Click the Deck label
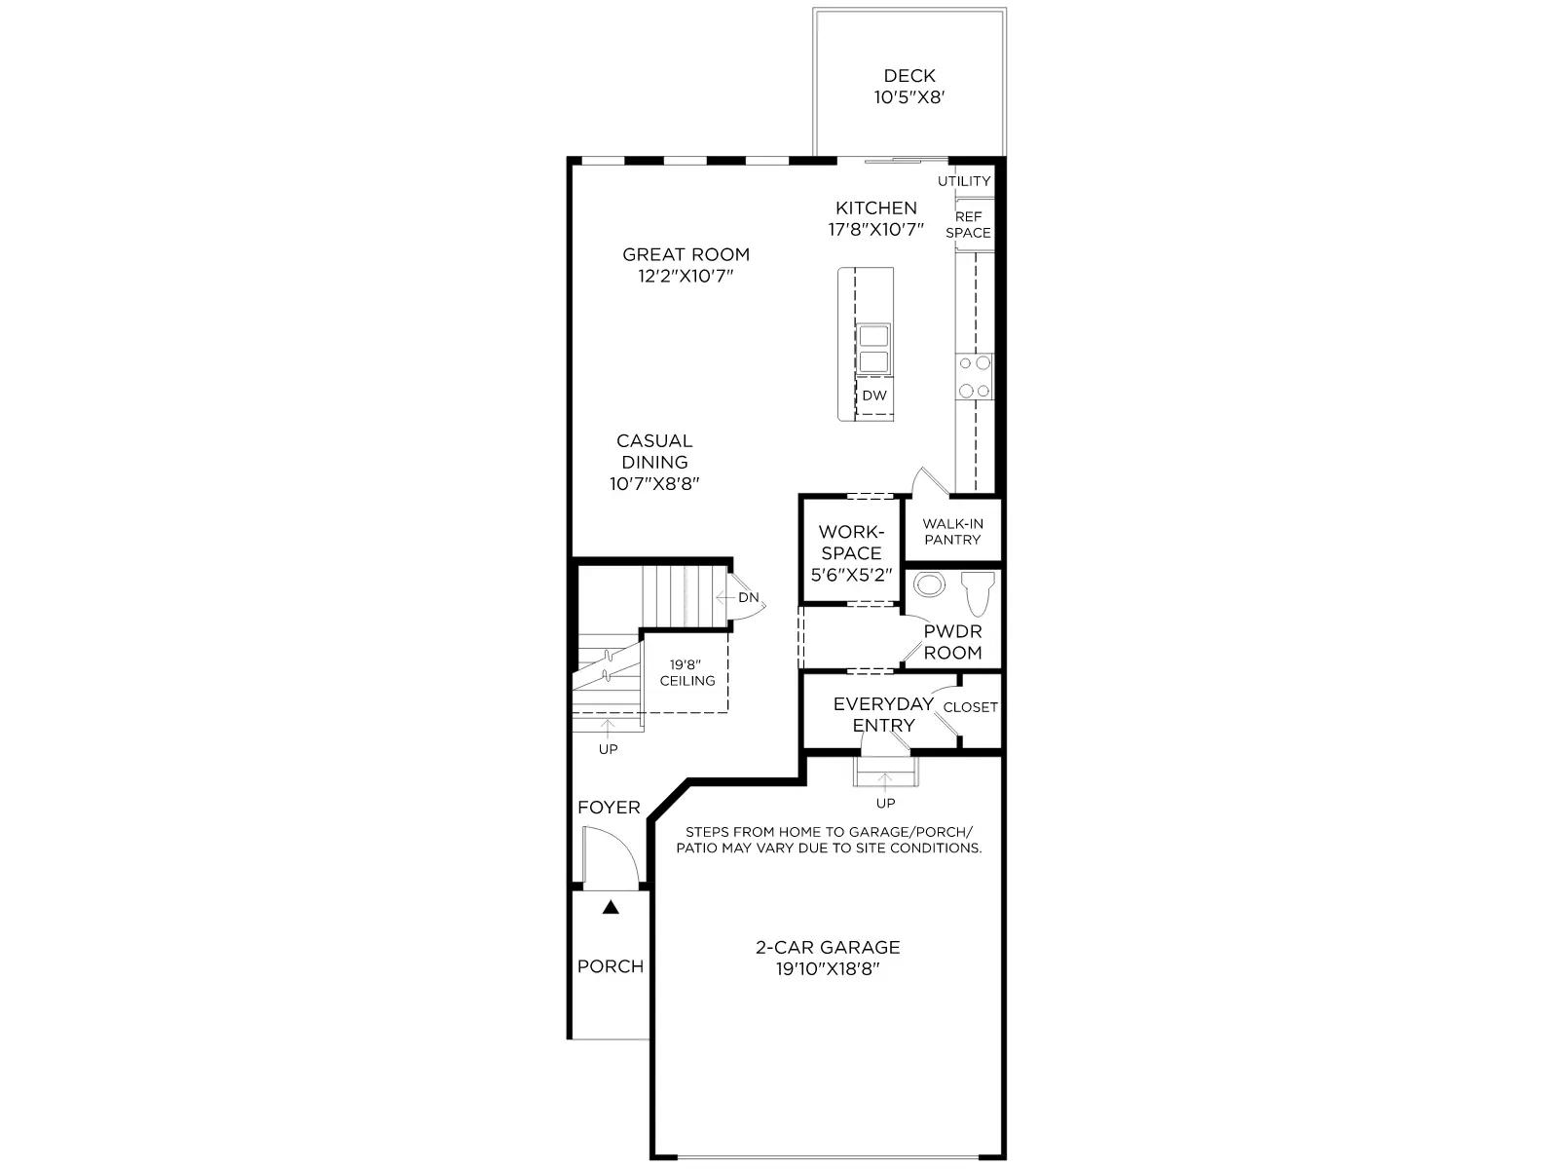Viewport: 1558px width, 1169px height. click(909, 75)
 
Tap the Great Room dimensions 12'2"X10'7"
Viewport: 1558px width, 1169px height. click(686, 276)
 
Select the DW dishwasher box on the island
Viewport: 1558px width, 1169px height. click(874, 396)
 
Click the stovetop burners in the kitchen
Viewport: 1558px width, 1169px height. click(975, 377)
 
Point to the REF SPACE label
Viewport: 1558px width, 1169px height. click(968, 225)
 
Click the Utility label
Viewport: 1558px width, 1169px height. click(964, 181)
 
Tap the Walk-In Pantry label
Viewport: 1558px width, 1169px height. click(952, 532)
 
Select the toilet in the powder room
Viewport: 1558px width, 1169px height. click(978, 593)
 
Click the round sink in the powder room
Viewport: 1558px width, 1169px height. click(929, 584)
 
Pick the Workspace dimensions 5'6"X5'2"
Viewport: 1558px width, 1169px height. click(851, 575)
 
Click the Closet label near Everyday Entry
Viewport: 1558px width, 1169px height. click(970, 707)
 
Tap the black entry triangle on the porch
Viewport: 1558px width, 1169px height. click(611, 907)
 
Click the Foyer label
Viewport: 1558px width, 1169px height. click(609, 807)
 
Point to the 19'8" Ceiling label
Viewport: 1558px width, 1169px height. click(687, 673)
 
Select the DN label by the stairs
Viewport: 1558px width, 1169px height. click(749, 597)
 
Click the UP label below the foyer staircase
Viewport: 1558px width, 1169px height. click(609, 749)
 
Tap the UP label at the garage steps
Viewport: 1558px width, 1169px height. click(886, 803)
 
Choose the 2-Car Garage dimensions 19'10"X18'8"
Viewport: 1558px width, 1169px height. click(828, 969)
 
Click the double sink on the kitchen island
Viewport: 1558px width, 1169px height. click(873, 349)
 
